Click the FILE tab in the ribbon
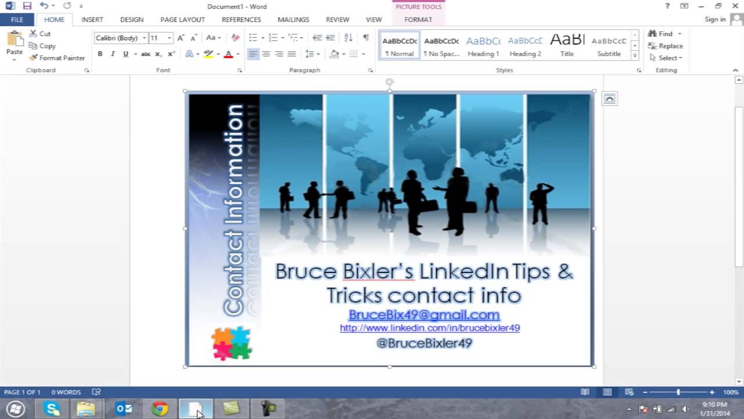(x=17, y=19)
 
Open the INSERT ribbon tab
(x=92, y=19)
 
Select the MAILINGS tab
(x=293, y=19)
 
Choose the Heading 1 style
(x=484, y=46)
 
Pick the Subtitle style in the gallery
(x=609, y=46)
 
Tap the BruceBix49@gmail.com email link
(x=424, y=315)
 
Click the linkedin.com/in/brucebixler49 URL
(x=430, y=328)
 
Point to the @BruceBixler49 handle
(x=424, y=343)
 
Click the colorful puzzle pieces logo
(x=231, y=343)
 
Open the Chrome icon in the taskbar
(x=160, y=409)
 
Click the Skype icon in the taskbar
(x=52, y=409)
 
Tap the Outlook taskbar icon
(x=124, y=409)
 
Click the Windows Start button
(x=16, y=409)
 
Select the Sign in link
(x=715, y=19)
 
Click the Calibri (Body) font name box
(x=117, y=38)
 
